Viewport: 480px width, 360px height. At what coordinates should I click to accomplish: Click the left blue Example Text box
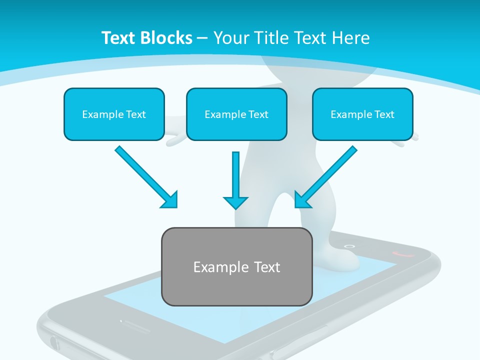(x=114, y=114)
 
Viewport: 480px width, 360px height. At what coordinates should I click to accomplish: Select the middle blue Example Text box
(x=236, y=114)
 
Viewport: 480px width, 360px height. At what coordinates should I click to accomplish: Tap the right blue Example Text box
(x=362, y=114)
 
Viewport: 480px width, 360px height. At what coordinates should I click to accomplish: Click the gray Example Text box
(x=236, y=266)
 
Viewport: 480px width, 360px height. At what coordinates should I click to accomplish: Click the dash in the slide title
(x=202, y=38)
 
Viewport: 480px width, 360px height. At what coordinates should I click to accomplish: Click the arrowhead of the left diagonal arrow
(x=170, y=200)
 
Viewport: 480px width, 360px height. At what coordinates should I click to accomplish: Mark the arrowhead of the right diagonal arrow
(x=302, y=200)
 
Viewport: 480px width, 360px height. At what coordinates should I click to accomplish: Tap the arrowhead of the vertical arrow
(x=235, y=202)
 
